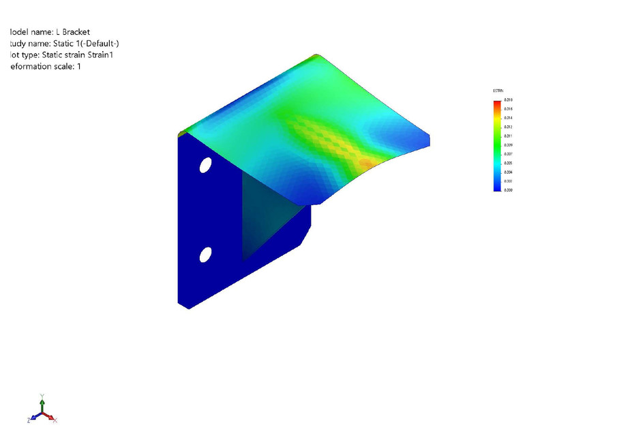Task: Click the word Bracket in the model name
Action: (x=75, y=32)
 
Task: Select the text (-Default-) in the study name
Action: (x=100, y=44)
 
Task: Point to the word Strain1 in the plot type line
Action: (x=103, y=55)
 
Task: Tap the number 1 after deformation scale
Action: (x=79, y=67)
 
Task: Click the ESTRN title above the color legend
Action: (x=498, y=91)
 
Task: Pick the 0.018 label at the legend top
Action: (x=509, y=99)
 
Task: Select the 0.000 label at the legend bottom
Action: (x=509, y=191)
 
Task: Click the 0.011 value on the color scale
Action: (x=509, y=136)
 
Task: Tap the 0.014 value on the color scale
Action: (x=509, y=118)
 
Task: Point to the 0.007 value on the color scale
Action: (x=509, y=155)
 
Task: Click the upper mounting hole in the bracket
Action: (x=205, y=165)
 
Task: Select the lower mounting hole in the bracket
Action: (x=205, y=255)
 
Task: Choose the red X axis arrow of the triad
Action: (x=52, y=418)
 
